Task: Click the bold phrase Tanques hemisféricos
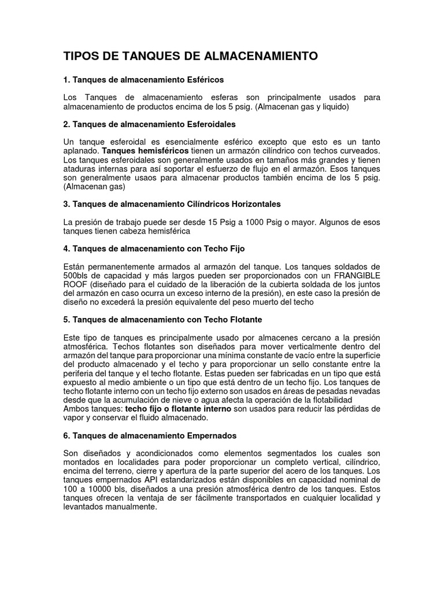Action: click(145, 151)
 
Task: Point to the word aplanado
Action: click(80, 151)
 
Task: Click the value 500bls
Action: click(77, 276)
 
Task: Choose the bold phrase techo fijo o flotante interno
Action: click(178, 409)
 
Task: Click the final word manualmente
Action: click(129, 507)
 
